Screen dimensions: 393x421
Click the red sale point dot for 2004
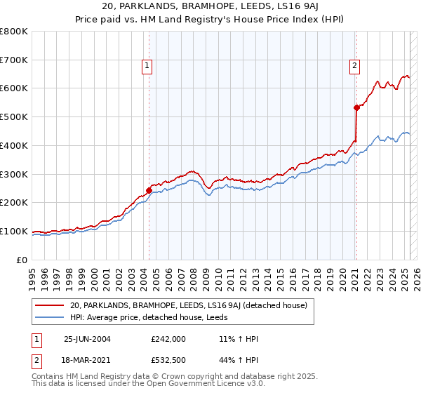[149, 189]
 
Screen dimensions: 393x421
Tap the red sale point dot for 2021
[356, 107]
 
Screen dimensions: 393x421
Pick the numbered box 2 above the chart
[354, 67]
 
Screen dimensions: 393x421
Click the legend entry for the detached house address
[193, 305]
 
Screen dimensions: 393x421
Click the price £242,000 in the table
[168, 338]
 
